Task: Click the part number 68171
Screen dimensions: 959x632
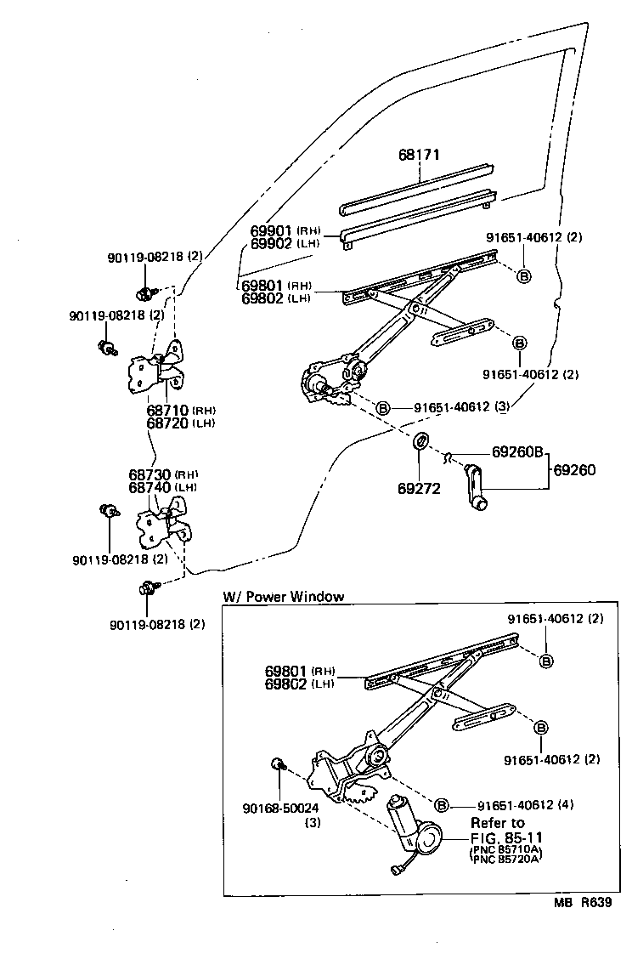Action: [420, 156]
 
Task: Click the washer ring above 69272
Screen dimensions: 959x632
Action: [420, 442]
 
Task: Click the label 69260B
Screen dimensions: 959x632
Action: [517, 452]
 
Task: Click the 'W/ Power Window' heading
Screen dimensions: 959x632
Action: [283, 596]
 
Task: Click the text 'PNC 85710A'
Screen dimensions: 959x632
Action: [508, 850]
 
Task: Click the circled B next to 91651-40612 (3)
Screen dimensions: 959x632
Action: [383, 408]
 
